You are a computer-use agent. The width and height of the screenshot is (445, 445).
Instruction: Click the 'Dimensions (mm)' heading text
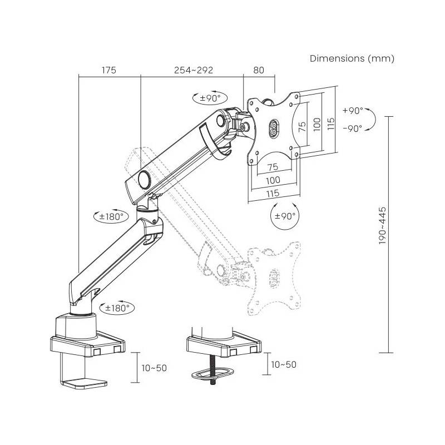tap(352, 58)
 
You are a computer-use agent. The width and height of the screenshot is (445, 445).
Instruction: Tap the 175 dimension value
tap(109, 70)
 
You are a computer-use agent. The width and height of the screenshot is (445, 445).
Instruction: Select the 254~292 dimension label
tap(194, 70)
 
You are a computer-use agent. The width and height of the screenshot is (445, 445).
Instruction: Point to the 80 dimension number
tap(259, 70)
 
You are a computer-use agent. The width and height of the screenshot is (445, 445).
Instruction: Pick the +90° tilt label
tap(353, 110)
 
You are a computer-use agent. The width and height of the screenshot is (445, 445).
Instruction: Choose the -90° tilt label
tap(353, 128)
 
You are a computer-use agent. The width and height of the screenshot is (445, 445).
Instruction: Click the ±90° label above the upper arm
tap(211, 98)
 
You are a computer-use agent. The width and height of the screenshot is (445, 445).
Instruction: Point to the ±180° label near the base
tap(117, 306)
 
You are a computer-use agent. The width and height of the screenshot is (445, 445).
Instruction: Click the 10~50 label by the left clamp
tap(154, 368)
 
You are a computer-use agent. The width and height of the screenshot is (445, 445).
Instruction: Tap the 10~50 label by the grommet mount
tap(283, 364)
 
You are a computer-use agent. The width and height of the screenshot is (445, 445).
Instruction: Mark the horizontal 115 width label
tap(273, 193)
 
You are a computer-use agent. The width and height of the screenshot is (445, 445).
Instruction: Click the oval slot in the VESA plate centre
tap(275, 127)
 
